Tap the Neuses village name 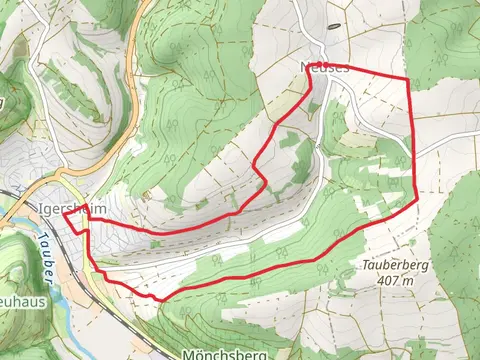point(324,66)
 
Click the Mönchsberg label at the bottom point(224,354)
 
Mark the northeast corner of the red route point(408,78)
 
